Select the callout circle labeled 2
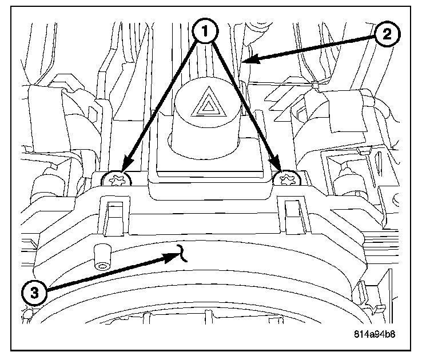coord(387,34)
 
